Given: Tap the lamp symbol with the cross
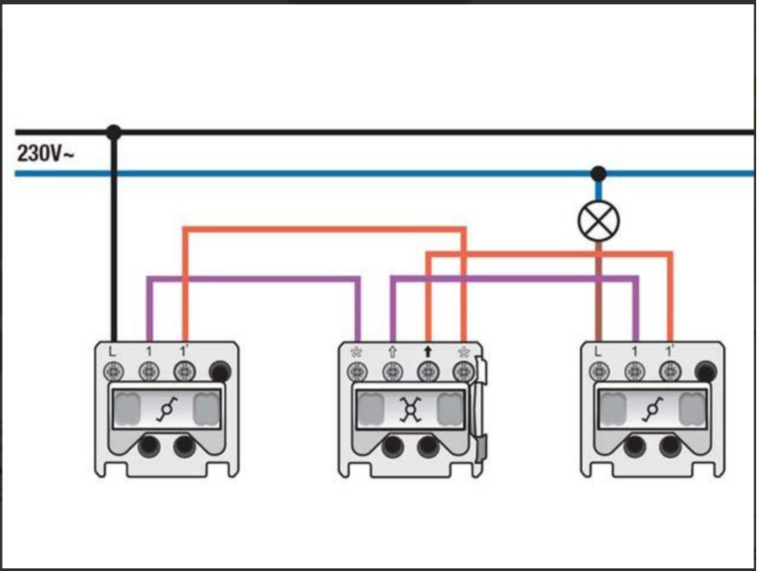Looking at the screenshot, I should (x=598, y=222).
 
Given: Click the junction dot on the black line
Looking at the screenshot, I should (x=114, y=132).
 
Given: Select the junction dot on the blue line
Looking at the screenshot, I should (x=598, y=173).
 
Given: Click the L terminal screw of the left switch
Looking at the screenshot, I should (x=113, y=370).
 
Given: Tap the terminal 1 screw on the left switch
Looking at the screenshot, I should (x=149, y=370).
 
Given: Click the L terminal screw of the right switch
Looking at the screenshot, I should (x=598, y=370).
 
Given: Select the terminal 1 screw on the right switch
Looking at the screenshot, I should (x=634, y=370).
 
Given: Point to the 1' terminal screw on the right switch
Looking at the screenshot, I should (x=669, y=370).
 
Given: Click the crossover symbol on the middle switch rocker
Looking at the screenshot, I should (x=409, y=410).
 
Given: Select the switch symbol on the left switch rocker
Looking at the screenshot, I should (x=166, y=409).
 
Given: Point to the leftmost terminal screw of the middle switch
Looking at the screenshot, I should (x=356, y=370).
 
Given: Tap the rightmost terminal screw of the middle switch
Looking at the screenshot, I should (x=463, y=370).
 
